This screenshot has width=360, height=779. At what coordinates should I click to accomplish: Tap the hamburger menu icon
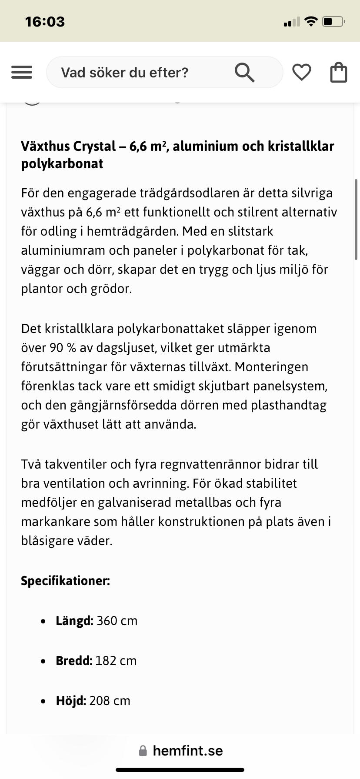tap(22, 72)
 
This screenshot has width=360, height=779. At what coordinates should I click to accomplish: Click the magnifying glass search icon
tap(244, 72)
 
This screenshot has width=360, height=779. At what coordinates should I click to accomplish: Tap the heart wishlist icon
tap(301, 72)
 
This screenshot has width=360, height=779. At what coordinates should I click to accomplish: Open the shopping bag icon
tap(339, 72)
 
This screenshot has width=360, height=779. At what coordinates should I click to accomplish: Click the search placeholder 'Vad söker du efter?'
tap(125, 73)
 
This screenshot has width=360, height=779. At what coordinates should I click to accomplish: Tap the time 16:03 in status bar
tap(45, 22)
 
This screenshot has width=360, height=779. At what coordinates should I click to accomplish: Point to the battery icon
tap(333, 21)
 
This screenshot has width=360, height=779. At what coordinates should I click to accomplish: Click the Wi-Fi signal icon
tap(311, 21)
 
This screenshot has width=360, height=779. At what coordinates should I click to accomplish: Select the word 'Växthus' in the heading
tap(45, 146)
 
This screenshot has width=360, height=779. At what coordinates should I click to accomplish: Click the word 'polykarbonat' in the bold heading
tap(62, 164)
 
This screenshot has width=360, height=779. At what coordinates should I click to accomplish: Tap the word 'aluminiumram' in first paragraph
tap(63, 250)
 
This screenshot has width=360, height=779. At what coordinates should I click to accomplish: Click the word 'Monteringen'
tap(271, 367)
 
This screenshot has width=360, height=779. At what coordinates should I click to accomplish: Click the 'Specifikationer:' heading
tap(65, 581)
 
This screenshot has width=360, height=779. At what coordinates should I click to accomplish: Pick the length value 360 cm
tap(117, 621)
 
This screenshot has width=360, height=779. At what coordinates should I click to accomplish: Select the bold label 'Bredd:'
tap(74, 661)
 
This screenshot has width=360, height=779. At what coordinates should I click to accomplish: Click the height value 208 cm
tap(110, 701)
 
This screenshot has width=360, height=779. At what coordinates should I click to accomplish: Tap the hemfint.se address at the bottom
tap(187, 751)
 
